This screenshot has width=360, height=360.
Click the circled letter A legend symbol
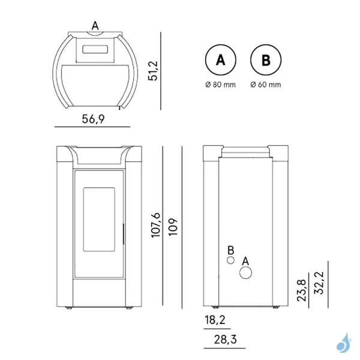(220, 60)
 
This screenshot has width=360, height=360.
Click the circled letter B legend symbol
(266, 60)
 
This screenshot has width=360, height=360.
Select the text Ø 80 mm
(220, 85)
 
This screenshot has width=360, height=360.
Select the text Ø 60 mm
(266, 85)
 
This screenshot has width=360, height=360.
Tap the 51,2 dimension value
(152, 70)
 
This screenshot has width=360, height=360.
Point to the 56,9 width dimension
(93, 119)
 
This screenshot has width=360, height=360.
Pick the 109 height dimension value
(173, 226)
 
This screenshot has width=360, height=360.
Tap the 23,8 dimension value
(302, 290)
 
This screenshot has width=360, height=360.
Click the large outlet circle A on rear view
(246, 273)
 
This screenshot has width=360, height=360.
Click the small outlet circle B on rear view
(230, 261)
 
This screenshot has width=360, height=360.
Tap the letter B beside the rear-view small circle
(230, 250)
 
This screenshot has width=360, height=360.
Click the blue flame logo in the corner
(344, 343)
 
